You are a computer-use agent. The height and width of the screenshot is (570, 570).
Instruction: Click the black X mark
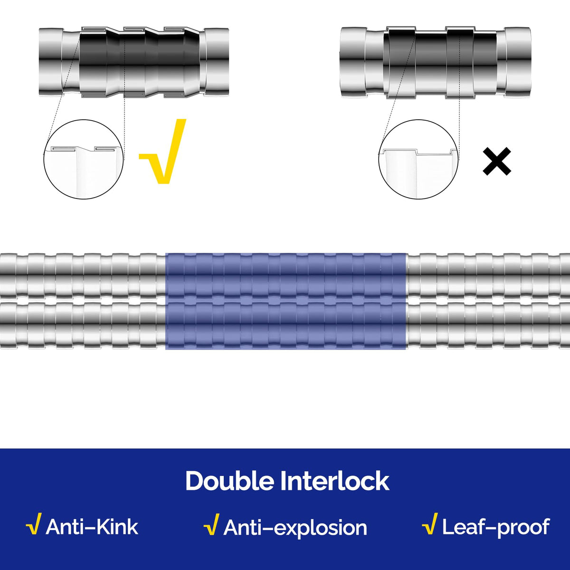[x=497, y=161]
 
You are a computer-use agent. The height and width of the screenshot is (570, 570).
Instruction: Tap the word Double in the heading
[x=229, y=482]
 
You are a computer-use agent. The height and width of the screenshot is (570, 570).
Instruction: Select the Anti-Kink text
[x=92, y=527]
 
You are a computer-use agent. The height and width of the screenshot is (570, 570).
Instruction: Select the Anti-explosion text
[x=295, y=528]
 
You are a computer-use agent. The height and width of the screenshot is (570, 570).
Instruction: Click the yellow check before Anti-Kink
[x=33, y=524]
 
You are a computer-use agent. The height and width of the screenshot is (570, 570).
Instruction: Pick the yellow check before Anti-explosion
[x=211, y=524]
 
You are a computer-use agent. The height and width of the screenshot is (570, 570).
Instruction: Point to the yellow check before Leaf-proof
[x=429, y=524]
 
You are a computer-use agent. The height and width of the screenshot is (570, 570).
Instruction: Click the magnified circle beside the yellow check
[x=84, y=159]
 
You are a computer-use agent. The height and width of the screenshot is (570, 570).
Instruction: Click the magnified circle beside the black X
[x=418, y=159]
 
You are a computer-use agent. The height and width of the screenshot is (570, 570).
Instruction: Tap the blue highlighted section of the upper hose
[x=285, y=276]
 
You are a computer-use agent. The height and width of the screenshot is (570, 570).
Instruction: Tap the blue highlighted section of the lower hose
[x=285, y=325]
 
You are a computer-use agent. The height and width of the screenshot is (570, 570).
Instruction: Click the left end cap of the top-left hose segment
[x=51, y=62]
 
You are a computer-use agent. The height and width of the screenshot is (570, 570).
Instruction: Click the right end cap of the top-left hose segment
[x=216, y=62]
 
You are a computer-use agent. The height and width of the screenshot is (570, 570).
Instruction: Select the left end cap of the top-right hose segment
[x=353, y=62]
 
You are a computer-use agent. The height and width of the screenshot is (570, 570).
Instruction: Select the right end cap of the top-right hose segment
[x=518, y=62]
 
